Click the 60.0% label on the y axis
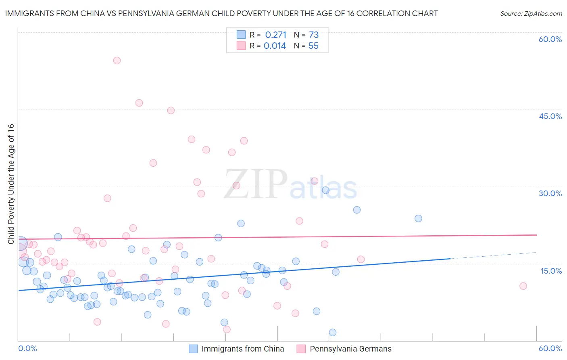[x=550, y=39]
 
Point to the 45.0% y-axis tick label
[x=550, y=116]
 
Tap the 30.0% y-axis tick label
[x=550, y=193]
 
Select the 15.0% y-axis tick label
[x=551, y=271]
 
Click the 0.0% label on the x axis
[x=27, y=348]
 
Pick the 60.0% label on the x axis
[x=550, y=348]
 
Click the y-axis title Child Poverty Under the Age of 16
[x=11, y=184]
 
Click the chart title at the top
[x=221, y=13]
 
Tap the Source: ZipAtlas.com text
[x=531, y=13]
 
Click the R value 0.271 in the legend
[x=275, y=35]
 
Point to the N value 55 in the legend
[x=313, y=46]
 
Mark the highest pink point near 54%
[x=117, y=61]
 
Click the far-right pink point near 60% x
[x=523, y=286]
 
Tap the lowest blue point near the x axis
[x=333, y=333]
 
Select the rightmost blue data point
[x=418, y=218]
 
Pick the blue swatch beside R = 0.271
[x=241, y=35]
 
